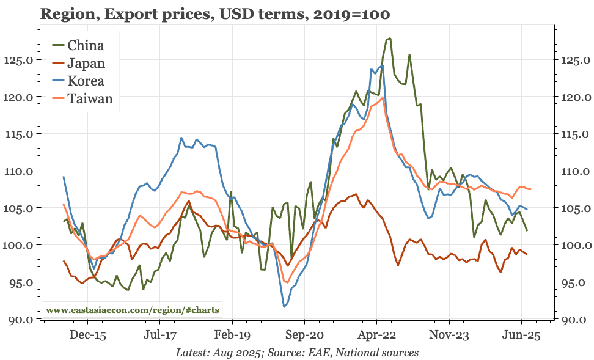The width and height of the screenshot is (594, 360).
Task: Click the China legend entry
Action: click(x=86, y=45)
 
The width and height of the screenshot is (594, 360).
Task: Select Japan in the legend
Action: click(x=86, y=63)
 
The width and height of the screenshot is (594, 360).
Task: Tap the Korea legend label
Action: click(x=86, y=81)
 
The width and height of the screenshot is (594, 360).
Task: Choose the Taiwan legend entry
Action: click(x=90, y=98)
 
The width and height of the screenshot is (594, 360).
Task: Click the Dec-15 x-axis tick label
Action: click(x=87, y=335)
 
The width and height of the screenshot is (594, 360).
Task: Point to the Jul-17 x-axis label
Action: click(x=160, y=335)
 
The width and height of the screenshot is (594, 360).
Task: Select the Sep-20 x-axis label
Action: click(x=304, y=335)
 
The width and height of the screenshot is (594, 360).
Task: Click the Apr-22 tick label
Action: click(x=376, y=335)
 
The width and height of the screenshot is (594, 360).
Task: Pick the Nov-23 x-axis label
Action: click(x=449, y=335)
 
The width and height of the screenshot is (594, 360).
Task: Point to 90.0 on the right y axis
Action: click(x=574, y=320)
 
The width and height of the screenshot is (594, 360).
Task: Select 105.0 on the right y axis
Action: click(x=574, y=208)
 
